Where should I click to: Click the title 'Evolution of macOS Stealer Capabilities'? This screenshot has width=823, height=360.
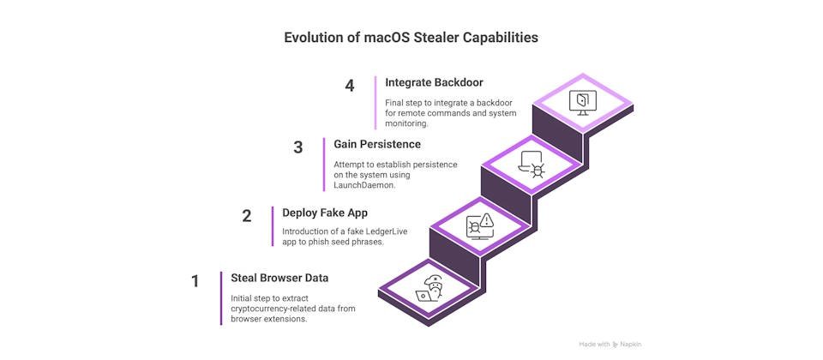[411, 39]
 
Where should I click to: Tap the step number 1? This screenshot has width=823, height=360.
[195, 280]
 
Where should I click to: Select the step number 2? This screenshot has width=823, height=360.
[247, 216]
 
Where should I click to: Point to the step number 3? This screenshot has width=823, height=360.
[298, 147]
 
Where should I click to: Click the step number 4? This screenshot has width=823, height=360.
[350, 86]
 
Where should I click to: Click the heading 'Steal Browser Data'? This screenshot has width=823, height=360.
[279, 277]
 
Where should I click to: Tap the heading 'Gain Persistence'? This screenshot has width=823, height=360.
[377, 144]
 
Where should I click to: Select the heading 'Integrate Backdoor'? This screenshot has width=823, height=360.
[434, 82]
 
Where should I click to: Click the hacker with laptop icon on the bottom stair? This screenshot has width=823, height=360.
[429, 290]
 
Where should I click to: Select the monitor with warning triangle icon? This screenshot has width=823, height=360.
[479, 225]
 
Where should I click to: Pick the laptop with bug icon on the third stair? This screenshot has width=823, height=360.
[532, 163]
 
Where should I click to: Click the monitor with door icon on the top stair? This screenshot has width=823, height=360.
[583, 101]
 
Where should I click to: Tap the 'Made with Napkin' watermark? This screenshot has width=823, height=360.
[610, 344]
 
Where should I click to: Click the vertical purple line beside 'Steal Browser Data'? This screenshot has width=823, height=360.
[221, 297]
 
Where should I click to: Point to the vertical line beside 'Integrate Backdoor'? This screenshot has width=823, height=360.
[375, 102]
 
